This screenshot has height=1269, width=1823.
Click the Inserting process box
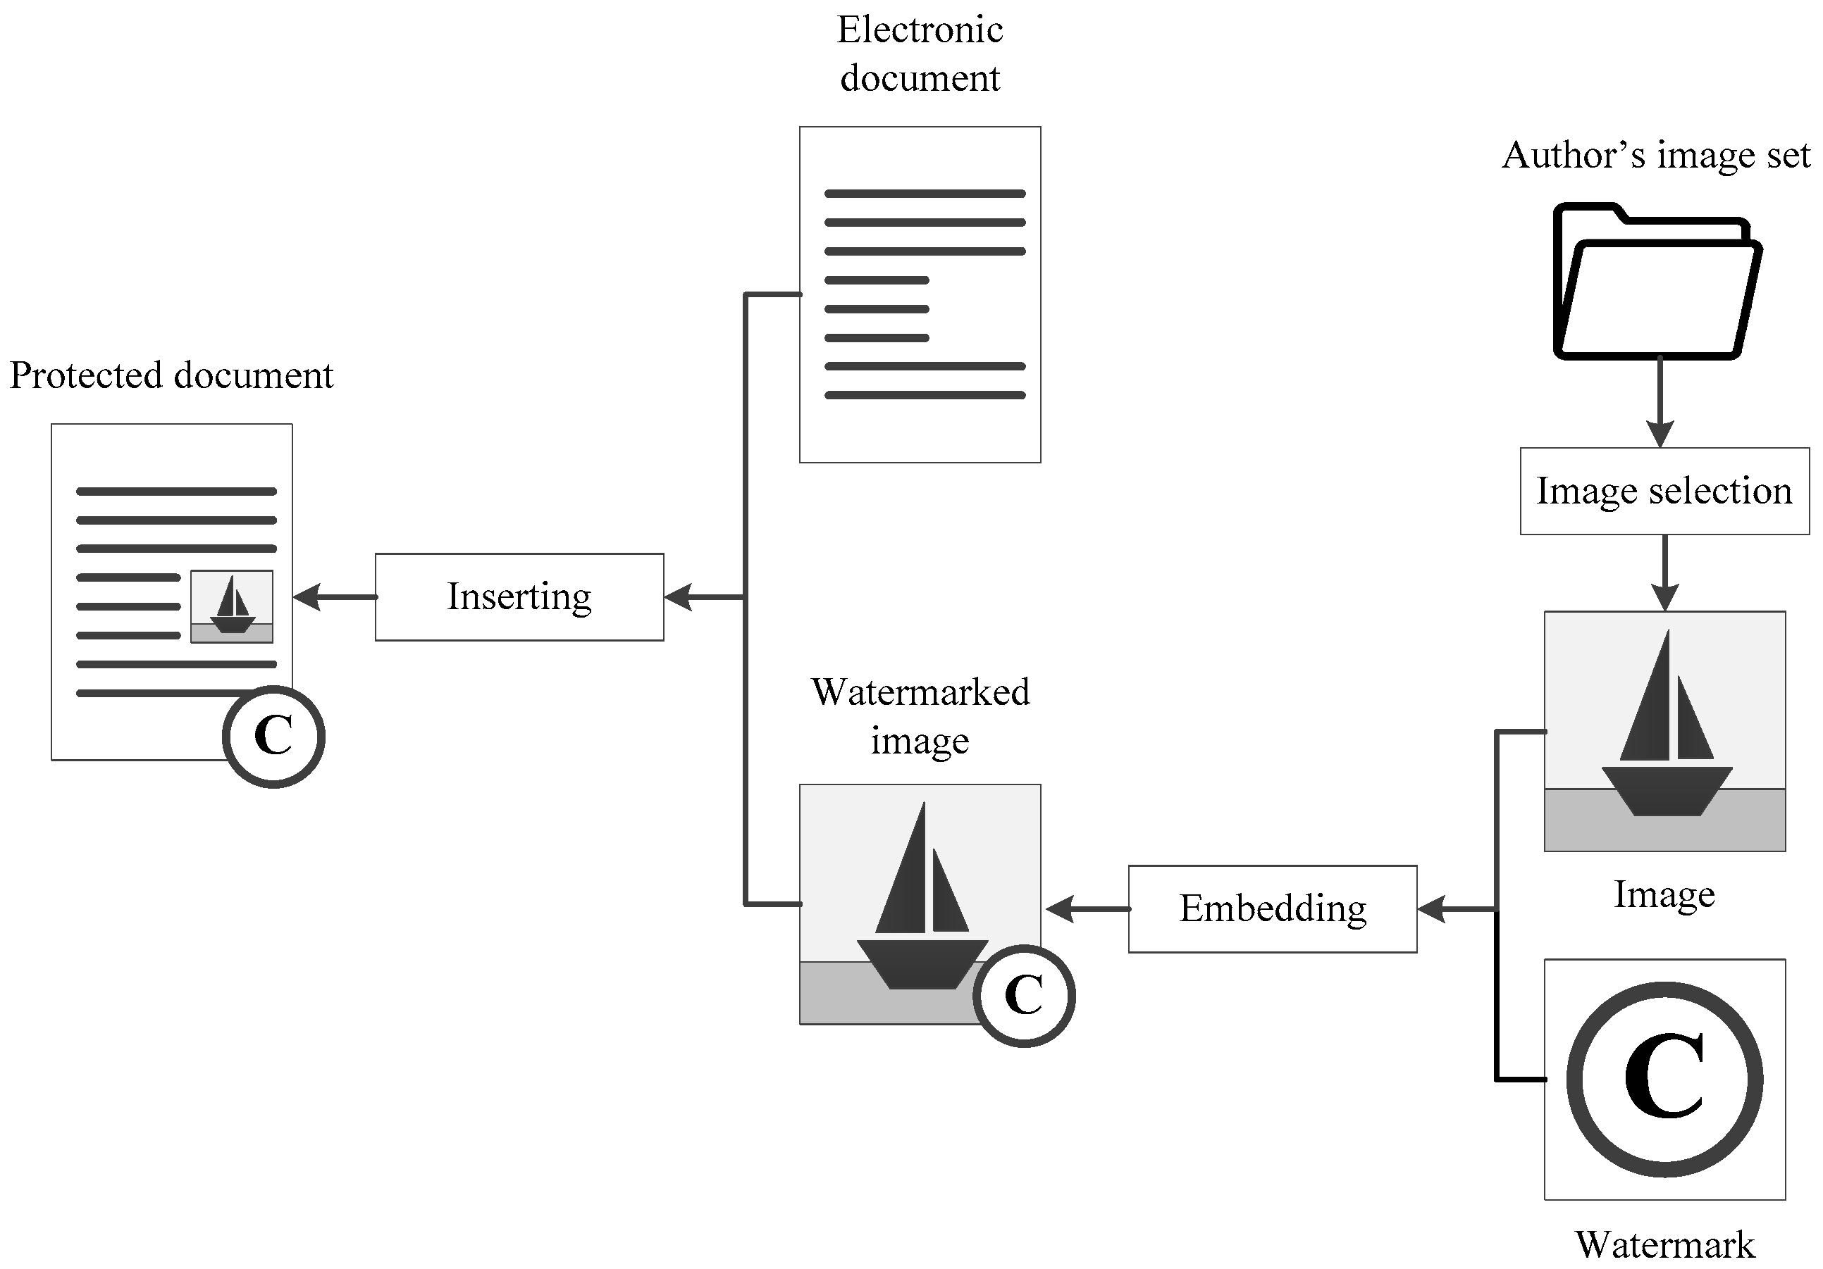pyautogui.click(x=519, y=596)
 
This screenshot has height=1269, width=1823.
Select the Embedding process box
pyautogui.click(x=1272, y=908)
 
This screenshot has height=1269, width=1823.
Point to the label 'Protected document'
pyautogui.click(x=171, y=375)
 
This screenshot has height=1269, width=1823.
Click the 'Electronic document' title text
pyautogui.click(x=920, y=54)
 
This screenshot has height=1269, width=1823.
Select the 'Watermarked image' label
pyautogui.click(x=920, y=716)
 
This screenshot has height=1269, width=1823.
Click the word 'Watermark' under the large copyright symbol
pyautogui.click(x=1664, y=1244)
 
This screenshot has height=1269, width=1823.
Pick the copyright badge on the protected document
pyautogui.click(x=273, y=736)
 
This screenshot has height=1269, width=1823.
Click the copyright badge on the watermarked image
pyautogui.click(x=1023, y=995)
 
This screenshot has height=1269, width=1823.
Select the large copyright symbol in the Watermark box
pyautogui.click(x=1664, y=1080)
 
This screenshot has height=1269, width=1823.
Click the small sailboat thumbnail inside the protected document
pyautogui.click(x=232, y=606)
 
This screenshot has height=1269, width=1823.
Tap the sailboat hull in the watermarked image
pyautogui.click(x=922, y=963)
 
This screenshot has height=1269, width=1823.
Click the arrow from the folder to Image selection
pyautogui.click(x=1660, y=405)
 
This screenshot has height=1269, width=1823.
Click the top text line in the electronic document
pyautogui.click(x=925, y=194)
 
